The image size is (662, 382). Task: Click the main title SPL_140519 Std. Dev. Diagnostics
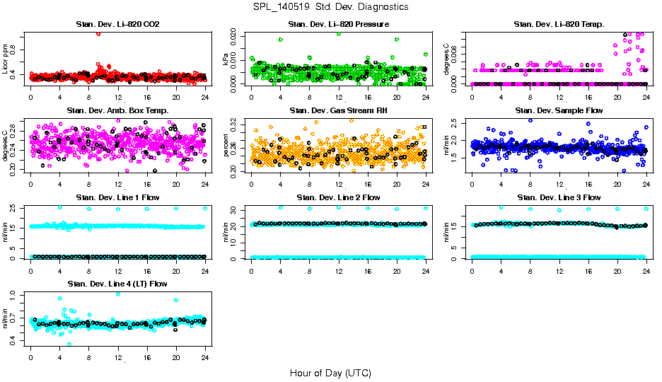[330, 7]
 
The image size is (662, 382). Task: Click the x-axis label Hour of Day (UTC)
[330, 372]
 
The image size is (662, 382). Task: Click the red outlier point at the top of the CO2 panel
[98, 33]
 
